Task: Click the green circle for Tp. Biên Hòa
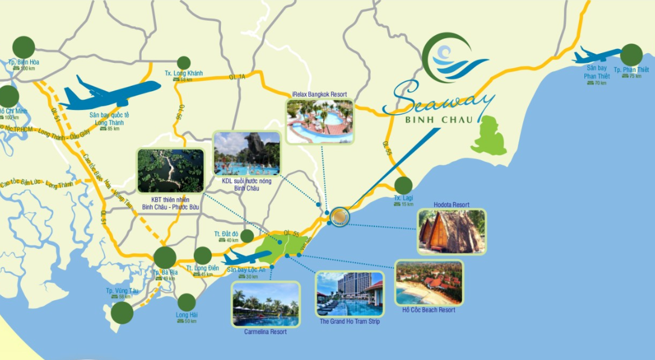coord(24,47)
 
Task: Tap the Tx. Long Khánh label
coord(184,74)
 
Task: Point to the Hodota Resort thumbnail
coord(452,231)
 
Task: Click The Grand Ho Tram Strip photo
coord(350,294)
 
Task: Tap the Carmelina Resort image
coord(265,304)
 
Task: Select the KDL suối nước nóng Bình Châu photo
coord(247,153)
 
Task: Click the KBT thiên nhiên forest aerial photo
coord(170,171)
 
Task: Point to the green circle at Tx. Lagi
coord(403,185)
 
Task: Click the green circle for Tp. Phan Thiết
coord(631,55)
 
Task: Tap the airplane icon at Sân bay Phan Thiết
coord(594,56)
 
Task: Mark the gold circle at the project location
coord(340,216)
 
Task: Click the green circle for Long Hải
coord(187,302)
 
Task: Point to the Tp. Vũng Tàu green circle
coord(123,312)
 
